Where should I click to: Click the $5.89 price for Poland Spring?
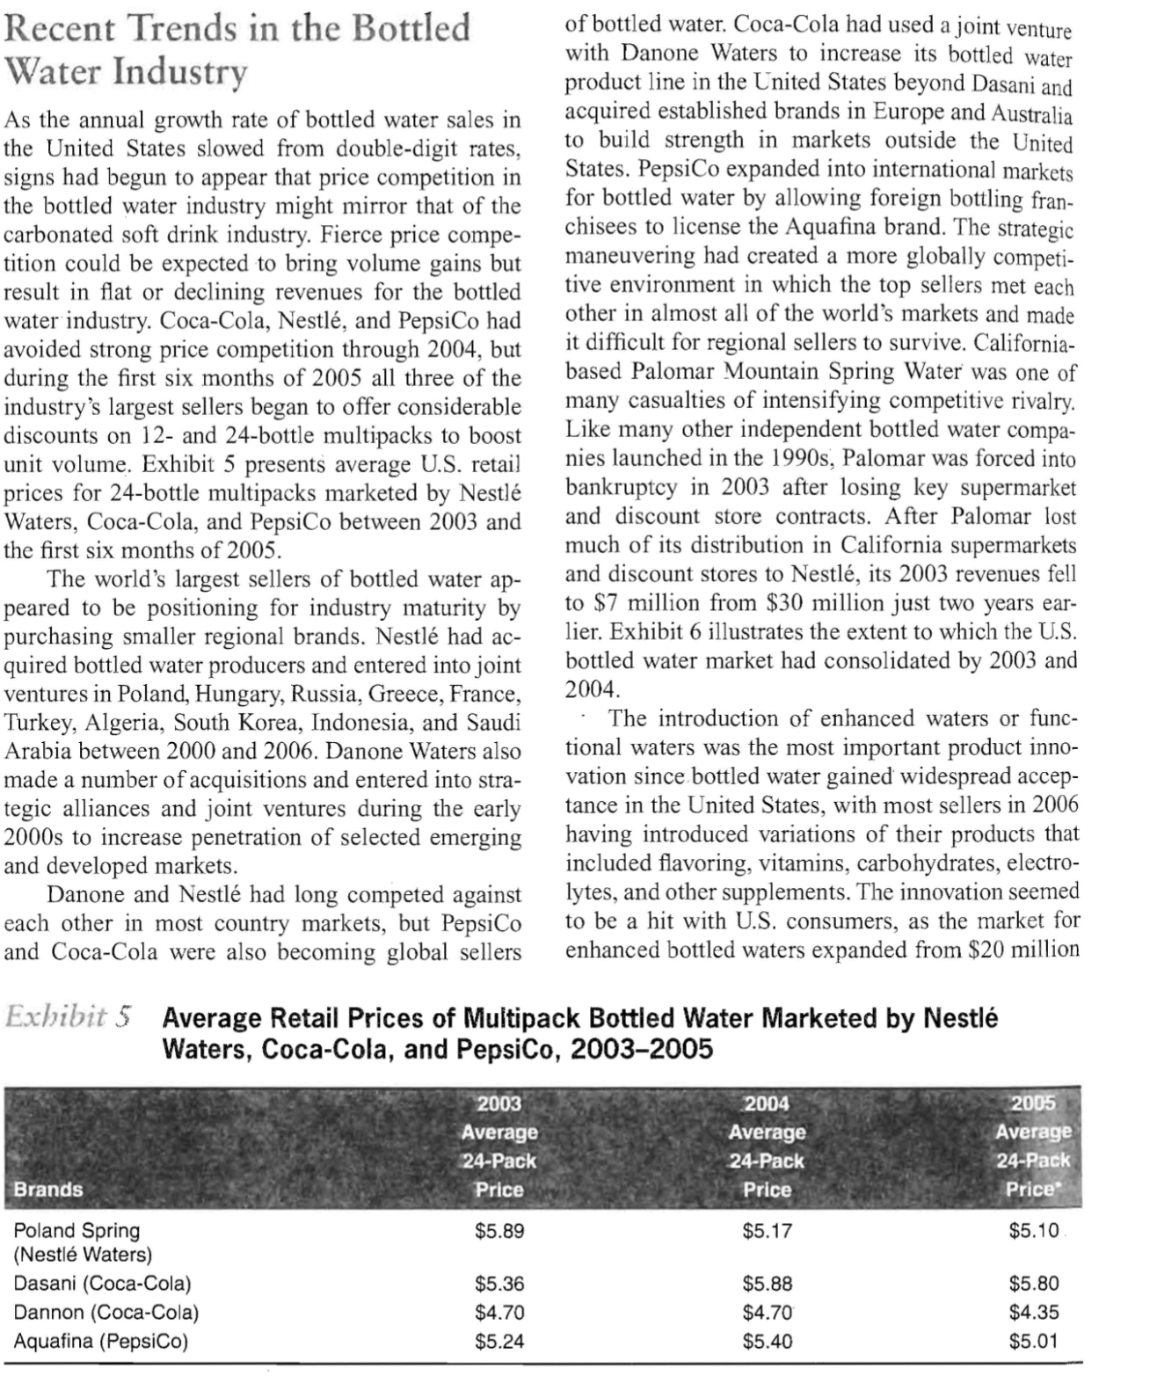(x=499, y=1231)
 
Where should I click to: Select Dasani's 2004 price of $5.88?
(x=767, y=1283)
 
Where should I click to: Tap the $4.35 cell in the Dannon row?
(x=1034, y=1312)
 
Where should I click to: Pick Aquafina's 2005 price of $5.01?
(x=1034, y=1341)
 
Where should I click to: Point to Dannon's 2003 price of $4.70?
(x=499, y=1312)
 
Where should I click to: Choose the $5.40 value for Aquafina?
(x=767, y=1341)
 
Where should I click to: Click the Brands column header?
(x=48, y=1189)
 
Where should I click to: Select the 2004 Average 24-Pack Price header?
(x=767, y=1146)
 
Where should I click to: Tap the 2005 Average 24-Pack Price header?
(x=1033, y=1146)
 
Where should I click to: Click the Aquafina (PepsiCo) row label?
(x=100, y=1341)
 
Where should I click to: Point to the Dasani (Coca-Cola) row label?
(x=102, y=1283)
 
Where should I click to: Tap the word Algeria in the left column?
(x=120, y=724)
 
